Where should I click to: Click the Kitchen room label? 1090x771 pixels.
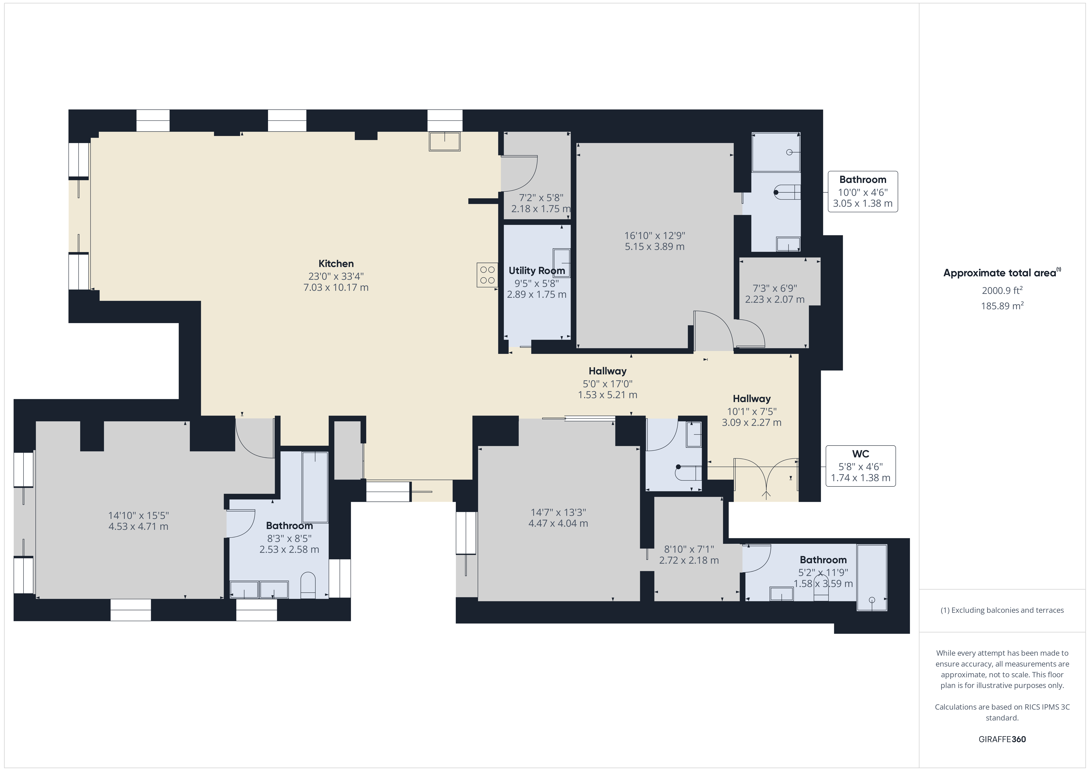point(336,264)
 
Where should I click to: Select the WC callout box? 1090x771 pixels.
point(861,466)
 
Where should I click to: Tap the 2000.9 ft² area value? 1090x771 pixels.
point(1002,290)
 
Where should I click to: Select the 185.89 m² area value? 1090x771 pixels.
point(1002,306)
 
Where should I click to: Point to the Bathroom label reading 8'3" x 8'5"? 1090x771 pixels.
point(289,526)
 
